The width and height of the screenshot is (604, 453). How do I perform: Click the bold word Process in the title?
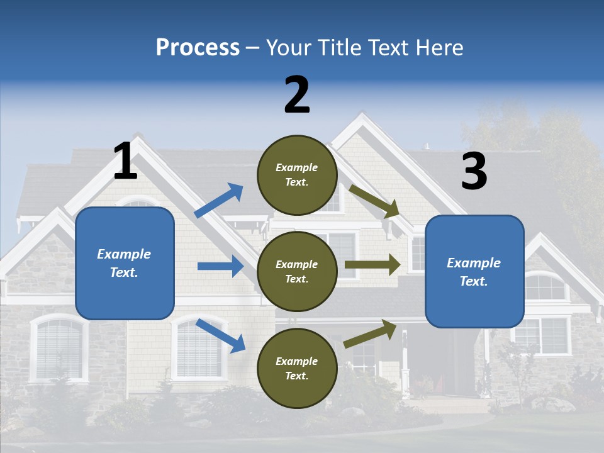pos(198,48)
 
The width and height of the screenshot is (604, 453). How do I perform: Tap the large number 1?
pos(125,162)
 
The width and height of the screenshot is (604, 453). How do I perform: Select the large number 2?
pos(297,95)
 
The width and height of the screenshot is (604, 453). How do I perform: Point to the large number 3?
pos(474,171)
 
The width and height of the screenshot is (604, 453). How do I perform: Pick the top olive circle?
pos(297,175)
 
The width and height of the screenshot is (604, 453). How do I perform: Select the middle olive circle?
pos(297,271)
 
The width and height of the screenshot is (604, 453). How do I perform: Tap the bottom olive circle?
pos(297,368)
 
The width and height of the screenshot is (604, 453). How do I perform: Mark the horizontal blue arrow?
pos(220,266)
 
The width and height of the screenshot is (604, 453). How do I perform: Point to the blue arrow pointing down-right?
pos(221,335)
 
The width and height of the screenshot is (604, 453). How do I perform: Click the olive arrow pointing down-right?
pos(374,201)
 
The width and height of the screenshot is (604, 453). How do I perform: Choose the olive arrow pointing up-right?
pos(371,333)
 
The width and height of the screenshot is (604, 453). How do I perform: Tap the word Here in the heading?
pos(440,48)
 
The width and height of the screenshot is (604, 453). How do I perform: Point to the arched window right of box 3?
pos(545,286)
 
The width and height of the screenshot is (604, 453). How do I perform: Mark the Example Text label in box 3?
pos(474,272)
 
